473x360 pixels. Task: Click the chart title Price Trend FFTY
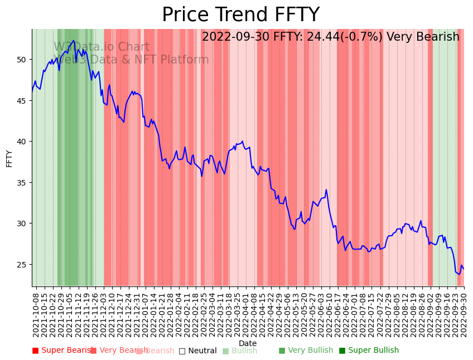[240, 15]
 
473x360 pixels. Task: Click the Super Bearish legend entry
[61, 351]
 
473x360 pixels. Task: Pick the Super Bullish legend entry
[369, 351]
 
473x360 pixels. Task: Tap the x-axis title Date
[248, 343]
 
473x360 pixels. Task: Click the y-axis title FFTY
[9, 158]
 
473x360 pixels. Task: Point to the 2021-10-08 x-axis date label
[36, 315]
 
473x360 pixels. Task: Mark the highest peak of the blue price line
[74, 40]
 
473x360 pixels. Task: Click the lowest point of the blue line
[459, 274]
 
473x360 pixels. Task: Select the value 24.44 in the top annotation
[322, 37]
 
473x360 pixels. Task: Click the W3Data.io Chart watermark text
[102, 47]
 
